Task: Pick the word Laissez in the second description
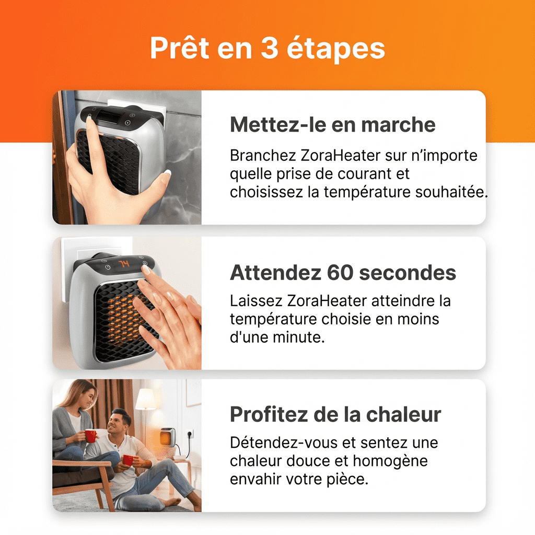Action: click(x=257, y=301)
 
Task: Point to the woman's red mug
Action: click(x=91, y=435)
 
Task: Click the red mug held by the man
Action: click(x=127, y=460)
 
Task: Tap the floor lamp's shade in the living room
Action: click(x=145, y=399)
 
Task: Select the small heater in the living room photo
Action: click(x=168, y=436)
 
